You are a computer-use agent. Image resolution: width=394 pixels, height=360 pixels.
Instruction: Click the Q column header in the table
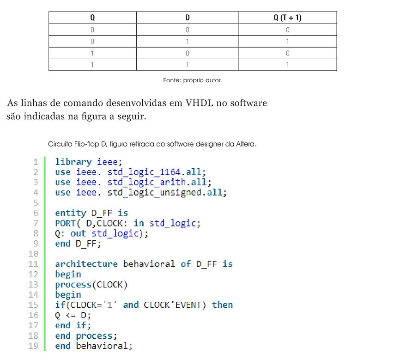[x=92, y=18]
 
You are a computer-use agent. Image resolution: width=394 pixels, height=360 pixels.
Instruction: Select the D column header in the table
[x=188, y=18]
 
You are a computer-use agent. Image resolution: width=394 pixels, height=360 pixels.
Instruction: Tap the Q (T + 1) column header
[x=287, y=18]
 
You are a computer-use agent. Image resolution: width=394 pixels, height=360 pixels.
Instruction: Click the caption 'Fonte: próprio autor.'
[x=193, y=80]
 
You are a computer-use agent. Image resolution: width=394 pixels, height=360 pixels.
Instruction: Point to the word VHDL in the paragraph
[x=199, y=103]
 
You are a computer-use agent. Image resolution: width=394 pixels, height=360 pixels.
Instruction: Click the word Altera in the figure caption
[x=246, y=144]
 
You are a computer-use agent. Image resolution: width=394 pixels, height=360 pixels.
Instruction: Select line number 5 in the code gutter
[x=36, y=202]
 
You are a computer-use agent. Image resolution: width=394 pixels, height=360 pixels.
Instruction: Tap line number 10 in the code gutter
[x=33, y=254]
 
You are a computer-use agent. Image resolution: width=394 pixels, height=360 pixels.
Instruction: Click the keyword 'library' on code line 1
[x=73, y=162]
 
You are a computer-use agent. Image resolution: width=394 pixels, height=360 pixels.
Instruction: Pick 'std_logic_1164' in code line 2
[x=144, y=172]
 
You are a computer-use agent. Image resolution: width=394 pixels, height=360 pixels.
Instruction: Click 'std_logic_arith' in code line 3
[x=147, y=182]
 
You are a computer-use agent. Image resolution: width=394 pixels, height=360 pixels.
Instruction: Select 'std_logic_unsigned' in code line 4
[x=155, y=193]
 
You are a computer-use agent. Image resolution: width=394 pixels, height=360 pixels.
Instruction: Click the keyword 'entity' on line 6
[x=71, y=213]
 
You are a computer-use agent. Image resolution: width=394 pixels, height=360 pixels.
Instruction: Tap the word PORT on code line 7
[x=65, y=223]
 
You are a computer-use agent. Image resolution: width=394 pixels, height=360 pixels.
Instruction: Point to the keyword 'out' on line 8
[x=78, y=233]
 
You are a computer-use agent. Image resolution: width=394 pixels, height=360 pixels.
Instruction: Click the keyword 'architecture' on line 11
[x=86, y=264]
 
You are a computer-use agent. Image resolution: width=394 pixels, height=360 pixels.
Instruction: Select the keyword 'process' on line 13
[x=73, y=285]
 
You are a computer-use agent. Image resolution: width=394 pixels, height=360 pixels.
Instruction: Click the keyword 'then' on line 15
[x=222, y=305]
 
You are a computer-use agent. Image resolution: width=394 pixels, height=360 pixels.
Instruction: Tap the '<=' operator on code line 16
[x=71, y=315]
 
